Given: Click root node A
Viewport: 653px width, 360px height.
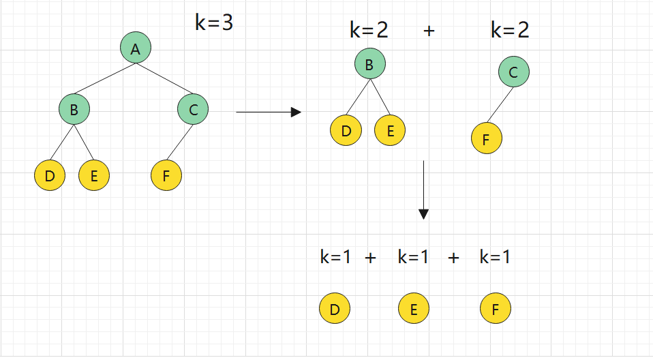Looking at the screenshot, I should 136,48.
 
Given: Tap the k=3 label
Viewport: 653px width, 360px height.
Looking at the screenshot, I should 214,23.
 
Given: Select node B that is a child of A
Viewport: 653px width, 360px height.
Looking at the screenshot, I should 74,108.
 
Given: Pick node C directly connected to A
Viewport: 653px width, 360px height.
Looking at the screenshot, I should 193,108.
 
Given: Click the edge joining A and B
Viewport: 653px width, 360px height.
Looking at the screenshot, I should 105,78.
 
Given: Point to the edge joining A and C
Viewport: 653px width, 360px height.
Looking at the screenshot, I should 164,78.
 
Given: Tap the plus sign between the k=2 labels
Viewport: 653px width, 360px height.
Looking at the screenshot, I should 429,31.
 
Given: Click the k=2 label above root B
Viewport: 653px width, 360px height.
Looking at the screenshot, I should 369,31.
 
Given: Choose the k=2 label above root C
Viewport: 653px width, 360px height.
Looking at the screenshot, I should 510,30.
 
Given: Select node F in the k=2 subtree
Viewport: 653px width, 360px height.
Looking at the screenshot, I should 486,140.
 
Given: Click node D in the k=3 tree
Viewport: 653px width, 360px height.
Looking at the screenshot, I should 49,176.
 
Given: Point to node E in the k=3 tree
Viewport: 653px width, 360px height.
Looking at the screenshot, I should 94,176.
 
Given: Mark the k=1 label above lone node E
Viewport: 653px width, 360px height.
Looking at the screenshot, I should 413,257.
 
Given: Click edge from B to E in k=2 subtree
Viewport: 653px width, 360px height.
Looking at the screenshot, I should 380,97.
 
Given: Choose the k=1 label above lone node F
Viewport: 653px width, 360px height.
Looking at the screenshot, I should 495,257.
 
